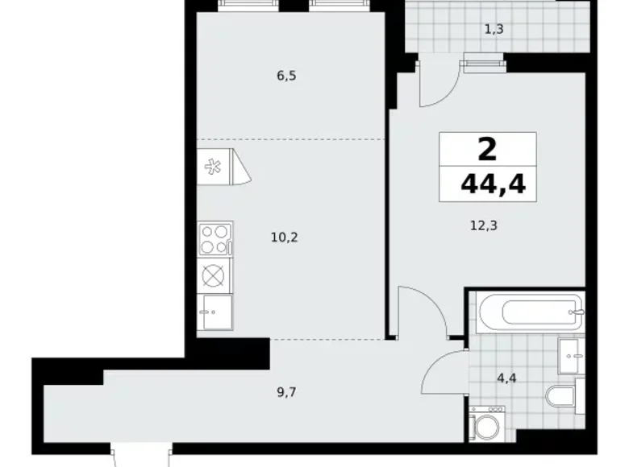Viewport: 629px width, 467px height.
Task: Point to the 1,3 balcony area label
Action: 495,30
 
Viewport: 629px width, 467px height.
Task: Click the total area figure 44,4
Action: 493,185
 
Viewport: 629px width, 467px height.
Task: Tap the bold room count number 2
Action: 488,148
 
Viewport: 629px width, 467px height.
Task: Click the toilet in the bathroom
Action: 562,396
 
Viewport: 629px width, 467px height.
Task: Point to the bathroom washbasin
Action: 571,353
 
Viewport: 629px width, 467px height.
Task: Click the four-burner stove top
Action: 215,239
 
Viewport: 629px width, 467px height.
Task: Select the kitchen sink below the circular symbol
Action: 215,309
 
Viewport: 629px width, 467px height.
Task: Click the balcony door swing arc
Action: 440,81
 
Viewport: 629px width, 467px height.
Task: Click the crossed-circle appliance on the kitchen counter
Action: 215,275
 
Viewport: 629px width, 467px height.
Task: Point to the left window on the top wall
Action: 249,5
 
